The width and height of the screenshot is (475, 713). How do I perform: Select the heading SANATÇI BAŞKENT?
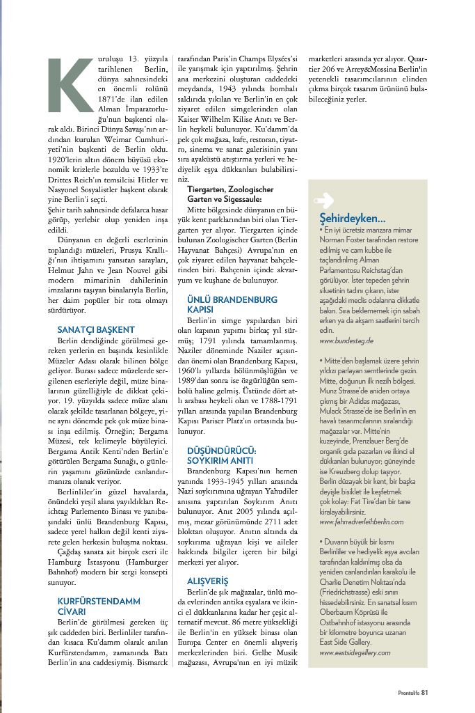click(x=96, y=329)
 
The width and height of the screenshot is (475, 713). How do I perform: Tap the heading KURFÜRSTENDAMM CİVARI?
click(x=99, y=606)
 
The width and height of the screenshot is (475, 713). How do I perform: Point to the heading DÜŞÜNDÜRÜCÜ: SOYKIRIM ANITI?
click(x=222, y=456)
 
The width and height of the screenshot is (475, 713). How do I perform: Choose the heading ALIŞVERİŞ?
click(x=209, y=580)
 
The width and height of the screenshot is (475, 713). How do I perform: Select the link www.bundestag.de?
click(x=347, y=341)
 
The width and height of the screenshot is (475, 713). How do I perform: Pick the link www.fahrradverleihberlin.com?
click(x=362, y=521)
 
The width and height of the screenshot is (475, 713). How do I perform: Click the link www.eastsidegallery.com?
click(x=355, y=653)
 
